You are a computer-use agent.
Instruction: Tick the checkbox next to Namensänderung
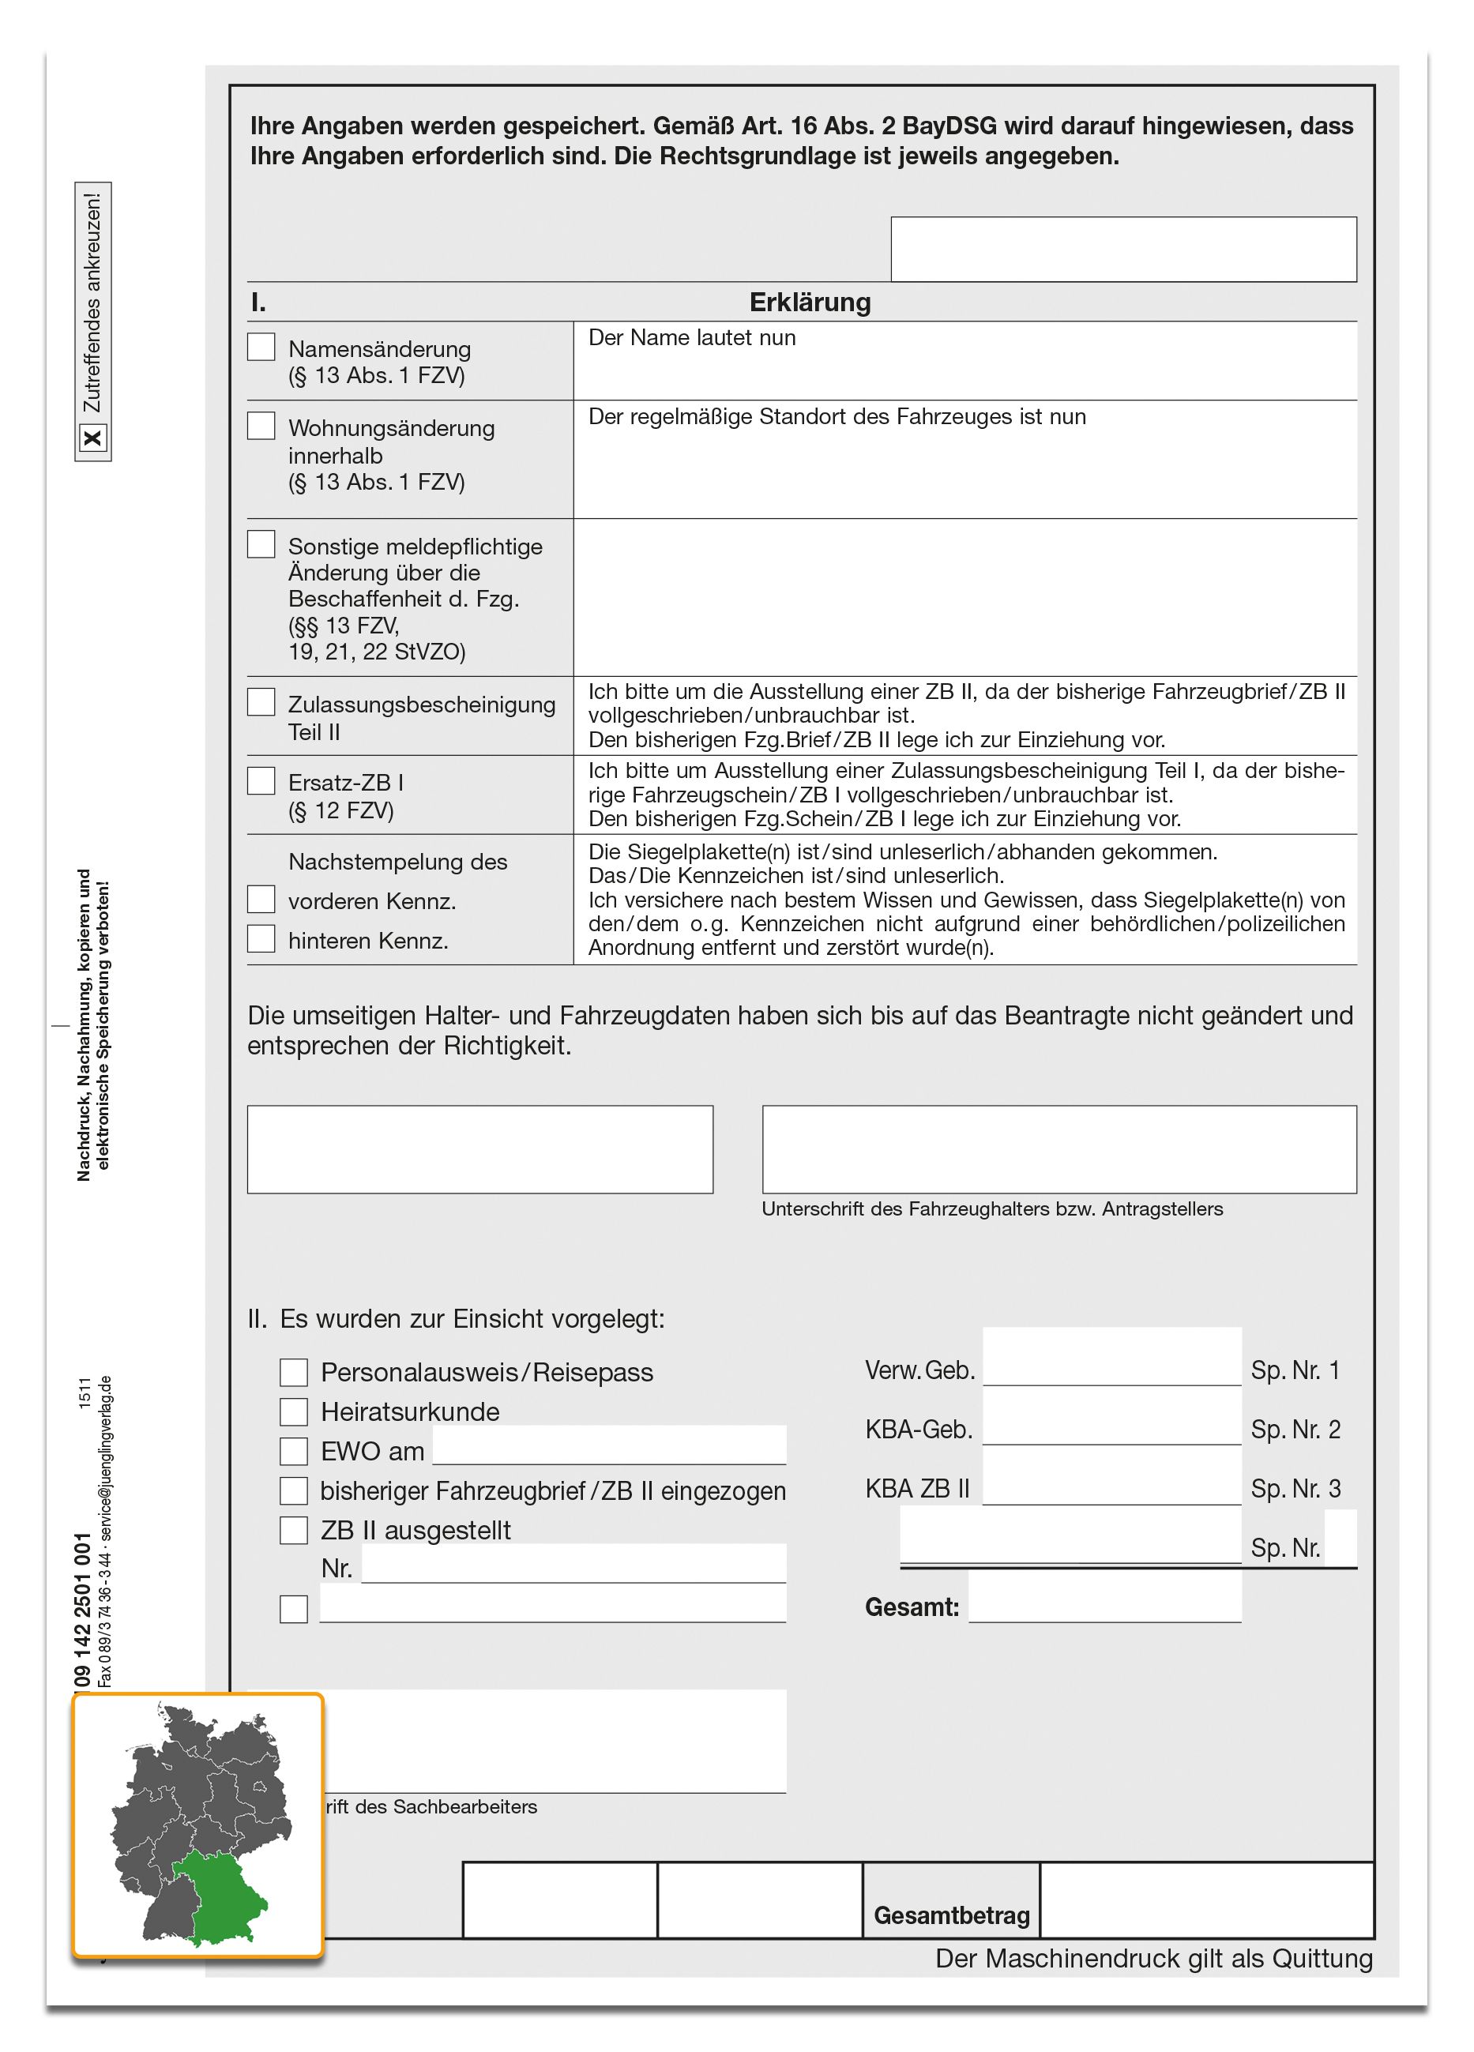point(261,347)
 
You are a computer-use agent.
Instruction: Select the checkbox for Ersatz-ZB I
point(261,781)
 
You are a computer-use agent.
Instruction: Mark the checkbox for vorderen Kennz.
point(261,900)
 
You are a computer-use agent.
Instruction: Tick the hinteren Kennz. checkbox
point(261,938)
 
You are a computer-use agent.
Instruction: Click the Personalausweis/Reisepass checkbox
point(293,1373)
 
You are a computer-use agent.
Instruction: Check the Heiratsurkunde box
point(293,1411)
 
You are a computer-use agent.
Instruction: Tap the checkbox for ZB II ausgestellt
point(293,1530)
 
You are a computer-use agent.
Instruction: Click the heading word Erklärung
point(810,303)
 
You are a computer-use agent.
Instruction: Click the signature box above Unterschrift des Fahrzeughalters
point(1058,1149)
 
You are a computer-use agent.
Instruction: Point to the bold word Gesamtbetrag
point(951,1915)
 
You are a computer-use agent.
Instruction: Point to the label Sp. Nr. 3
point(1295,1488)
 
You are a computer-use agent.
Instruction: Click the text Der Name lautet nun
point(692,337)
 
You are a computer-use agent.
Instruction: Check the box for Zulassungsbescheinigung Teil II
point(261,702)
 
